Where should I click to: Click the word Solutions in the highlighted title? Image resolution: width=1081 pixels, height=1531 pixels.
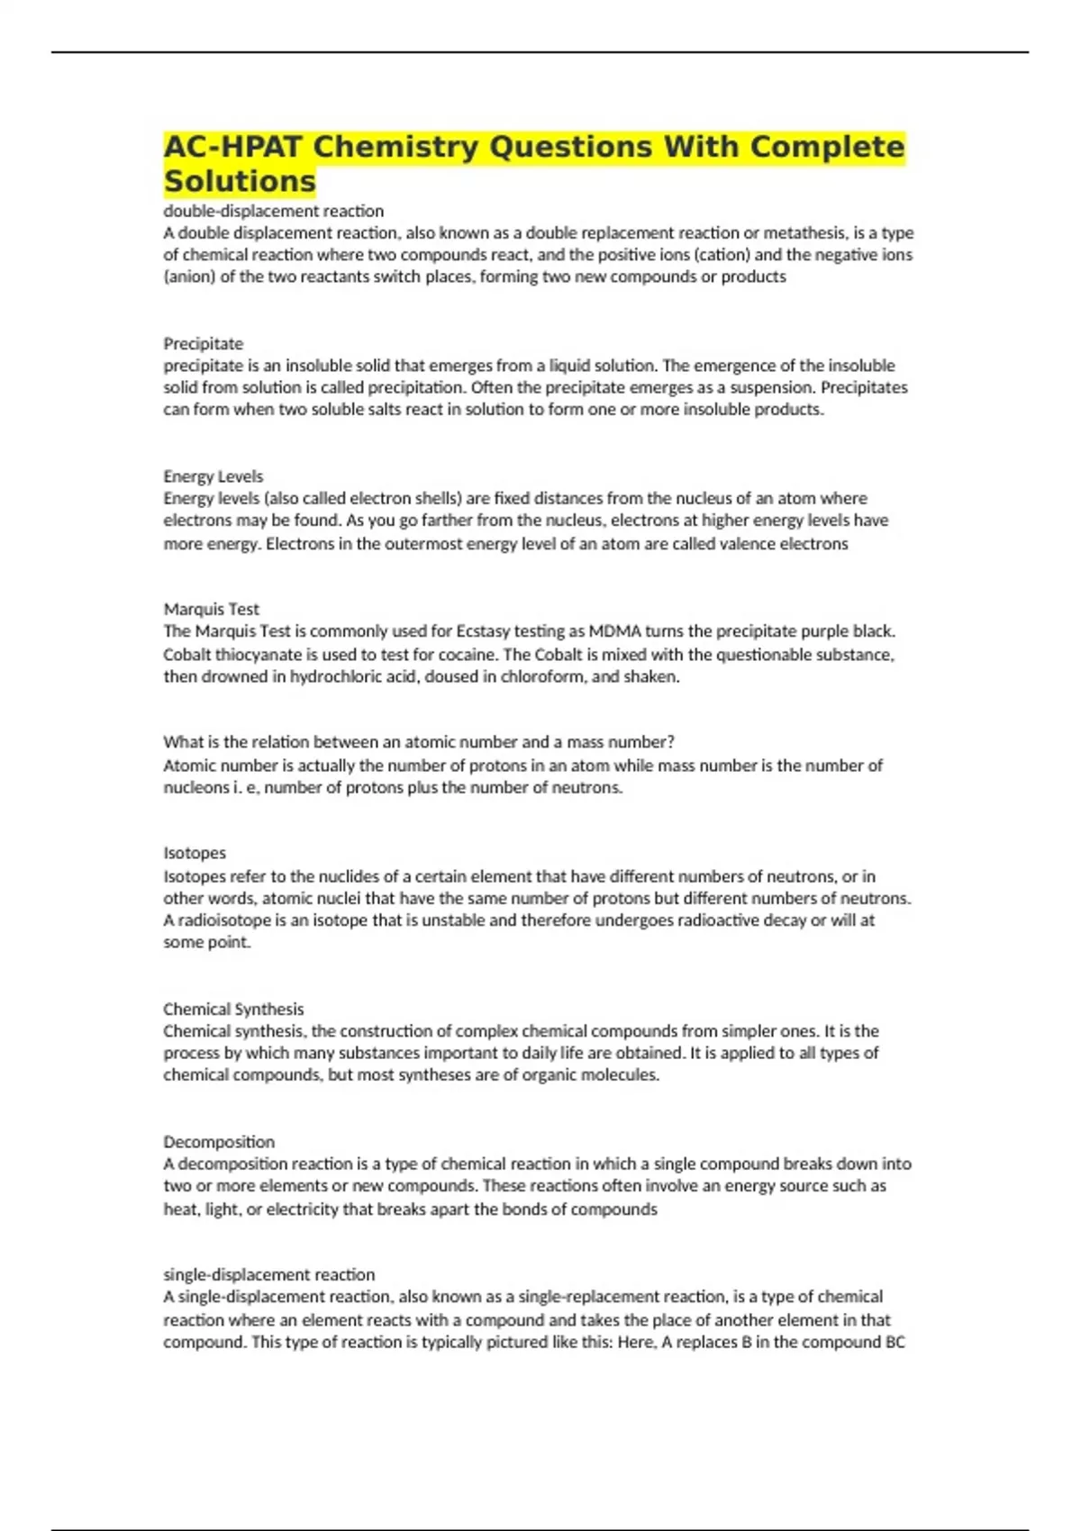240,181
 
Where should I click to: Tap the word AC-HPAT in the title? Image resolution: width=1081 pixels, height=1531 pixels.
232,147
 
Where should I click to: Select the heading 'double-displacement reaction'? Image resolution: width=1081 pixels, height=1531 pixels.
273,211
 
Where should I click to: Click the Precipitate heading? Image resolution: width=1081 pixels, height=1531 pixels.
203,343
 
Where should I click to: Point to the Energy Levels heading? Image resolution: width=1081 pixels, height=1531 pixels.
213,476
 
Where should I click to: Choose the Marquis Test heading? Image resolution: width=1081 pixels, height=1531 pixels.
211,609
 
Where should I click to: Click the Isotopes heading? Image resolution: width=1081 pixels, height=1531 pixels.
194,852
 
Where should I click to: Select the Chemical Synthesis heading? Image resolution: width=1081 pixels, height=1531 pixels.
233,1009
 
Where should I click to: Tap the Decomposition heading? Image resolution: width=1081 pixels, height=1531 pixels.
219,1141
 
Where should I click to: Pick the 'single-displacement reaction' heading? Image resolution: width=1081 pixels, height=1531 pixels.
268,1274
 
